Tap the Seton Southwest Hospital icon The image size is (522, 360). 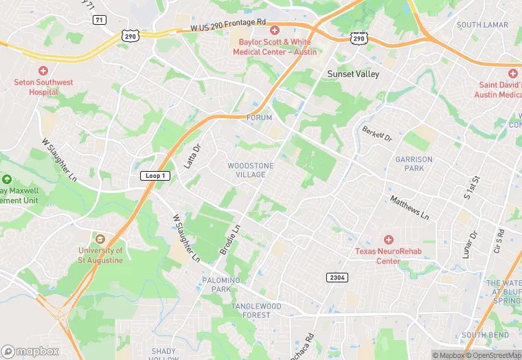click(43, 71)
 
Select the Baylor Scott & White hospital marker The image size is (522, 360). click(274, 30)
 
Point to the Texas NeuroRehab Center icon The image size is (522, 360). click(388, 240)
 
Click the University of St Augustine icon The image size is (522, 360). click(100, 239)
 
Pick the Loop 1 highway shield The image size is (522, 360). click(155, 176)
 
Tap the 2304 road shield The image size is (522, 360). click(337, 276)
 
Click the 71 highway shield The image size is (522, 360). click(100, 20)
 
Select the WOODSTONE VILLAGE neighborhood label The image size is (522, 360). click(251, 170)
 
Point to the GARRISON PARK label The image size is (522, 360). click(414, 164)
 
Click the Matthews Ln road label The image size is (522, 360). click(409, 208)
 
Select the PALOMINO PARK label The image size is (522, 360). click(221, 285)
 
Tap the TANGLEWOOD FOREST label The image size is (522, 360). click(256, 311)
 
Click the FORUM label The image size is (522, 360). click(260, 118)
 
